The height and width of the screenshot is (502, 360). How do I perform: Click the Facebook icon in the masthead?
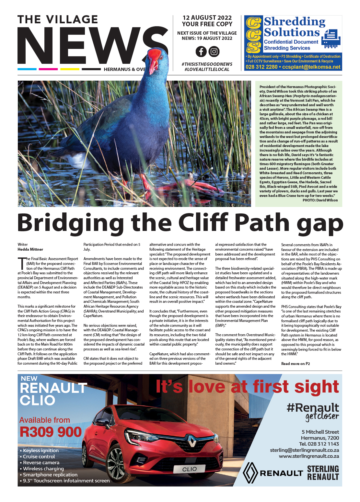click(201, 51)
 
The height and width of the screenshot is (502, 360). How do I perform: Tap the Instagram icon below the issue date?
click(214, 51)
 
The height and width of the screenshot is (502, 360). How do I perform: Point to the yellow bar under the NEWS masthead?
click(70, 69)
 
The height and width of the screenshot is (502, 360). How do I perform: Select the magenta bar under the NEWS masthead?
click(48, 69)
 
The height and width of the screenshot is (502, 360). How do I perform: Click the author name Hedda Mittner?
click(30, 249)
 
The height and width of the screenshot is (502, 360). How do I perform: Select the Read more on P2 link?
click(296, 364)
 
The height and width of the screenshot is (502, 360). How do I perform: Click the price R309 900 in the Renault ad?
click(51, 432)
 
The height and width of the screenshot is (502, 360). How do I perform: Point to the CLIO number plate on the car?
click(190, 469)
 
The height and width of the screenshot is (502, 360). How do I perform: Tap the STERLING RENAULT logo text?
click(323, 473)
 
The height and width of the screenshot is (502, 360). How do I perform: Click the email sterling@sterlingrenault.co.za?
click(304, 450)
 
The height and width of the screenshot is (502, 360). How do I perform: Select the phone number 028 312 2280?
click(261, 67)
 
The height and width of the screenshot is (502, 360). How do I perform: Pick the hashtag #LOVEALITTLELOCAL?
click(207, 69)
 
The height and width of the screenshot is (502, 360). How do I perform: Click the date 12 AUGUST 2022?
click(207, 18)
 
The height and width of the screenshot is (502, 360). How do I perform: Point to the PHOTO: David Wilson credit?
click(320, 200)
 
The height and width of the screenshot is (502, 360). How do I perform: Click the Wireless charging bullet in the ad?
click(43, 469)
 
